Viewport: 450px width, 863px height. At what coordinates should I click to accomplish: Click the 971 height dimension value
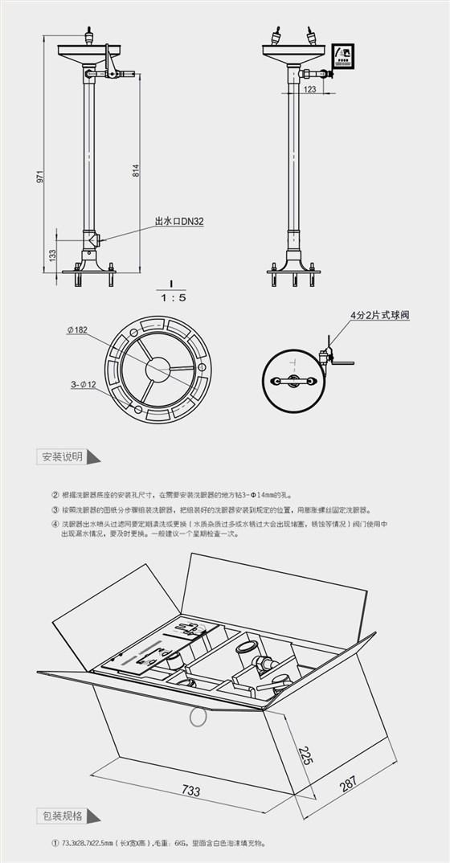(x=39, y=177)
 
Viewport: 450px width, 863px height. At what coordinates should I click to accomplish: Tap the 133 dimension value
(x=52, y=255)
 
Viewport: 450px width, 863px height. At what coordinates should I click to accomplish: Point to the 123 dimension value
(x=311, y=90)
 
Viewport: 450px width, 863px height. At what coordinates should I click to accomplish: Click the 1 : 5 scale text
(x=173, y=297)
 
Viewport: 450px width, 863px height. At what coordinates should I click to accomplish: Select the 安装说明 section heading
(x=62, y=456)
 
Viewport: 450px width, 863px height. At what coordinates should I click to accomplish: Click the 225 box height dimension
(x=304, y=755)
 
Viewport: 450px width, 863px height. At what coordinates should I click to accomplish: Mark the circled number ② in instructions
(x=55, y=496)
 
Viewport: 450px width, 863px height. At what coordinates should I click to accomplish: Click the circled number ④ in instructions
(x=55, y=523)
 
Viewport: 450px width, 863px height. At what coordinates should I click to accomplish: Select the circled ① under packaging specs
(x=55, y=844)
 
